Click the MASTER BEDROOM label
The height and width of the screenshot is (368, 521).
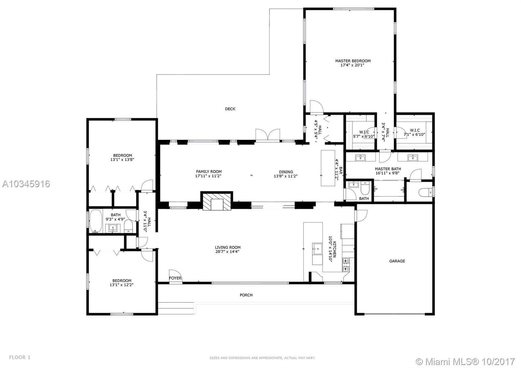(x=353, y=61)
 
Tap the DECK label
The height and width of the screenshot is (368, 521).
(x=230, y=109)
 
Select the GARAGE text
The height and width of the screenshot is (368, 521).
(x=397, y=261)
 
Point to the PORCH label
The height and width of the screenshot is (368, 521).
(x=246, y=295)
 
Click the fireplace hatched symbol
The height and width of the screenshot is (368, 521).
(x=217, y=202)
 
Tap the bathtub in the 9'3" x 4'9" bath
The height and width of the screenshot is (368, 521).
(x=96, y=221)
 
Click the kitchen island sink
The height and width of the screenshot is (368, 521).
(x=317, y=249)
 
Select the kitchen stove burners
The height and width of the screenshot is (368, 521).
(x=345, y=265)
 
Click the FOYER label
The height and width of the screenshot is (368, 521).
(x=175, y=278)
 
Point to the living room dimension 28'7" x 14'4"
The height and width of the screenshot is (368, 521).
(x=228, y=251)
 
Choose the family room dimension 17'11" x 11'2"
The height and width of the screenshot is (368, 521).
(x=208, y=176)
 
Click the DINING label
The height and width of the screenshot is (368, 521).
(x=286, y=172)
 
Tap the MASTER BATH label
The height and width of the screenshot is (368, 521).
(x=388, y=169)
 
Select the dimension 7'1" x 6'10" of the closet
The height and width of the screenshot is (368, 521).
(x=414, y=134)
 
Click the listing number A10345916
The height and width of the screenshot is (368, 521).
(x=26, y=184)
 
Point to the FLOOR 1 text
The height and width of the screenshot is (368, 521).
(x=20, y=357)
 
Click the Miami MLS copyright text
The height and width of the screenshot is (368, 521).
(x=465, y=362)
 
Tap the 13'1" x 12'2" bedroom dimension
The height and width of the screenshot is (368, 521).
(x=121, y=285)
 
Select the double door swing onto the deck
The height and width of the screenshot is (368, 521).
(x=268, y=134)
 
